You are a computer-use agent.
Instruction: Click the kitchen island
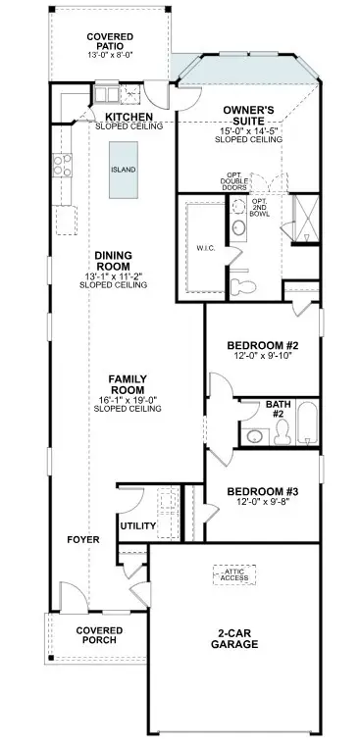point(123,170)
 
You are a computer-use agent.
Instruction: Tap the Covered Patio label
point(109,41)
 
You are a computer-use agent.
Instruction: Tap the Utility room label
point(137,526)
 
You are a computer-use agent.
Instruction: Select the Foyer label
point(82,540)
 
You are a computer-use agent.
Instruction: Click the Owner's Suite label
point(248,115)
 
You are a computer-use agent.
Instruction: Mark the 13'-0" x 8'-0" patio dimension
point(109,56)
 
